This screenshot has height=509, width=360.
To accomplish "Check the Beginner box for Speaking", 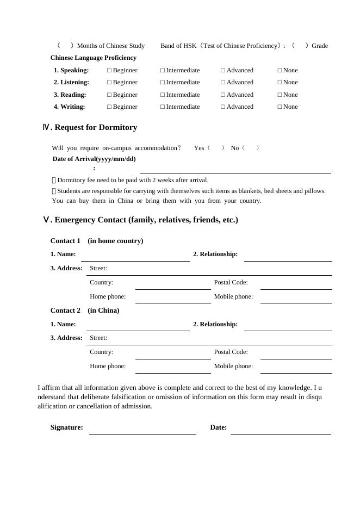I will (x=109, y=70).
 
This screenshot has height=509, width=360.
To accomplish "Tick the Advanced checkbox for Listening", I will (x=223, y=83).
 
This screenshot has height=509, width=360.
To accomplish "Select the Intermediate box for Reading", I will (x=163, y=95).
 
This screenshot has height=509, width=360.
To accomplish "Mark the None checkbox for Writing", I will (x=280, y=107).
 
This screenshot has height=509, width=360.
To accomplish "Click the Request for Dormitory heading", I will (x=90, y=127).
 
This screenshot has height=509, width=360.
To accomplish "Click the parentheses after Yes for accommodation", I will (x=216, y=148).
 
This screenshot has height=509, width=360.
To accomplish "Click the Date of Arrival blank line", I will (x=235, y=170).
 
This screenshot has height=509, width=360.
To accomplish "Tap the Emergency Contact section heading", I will (x=140, y=220).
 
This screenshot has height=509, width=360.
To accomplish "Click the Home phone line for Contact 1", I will (x=173, y=300).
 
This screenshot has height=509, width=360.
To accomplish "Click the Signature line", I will (x=142, y=431).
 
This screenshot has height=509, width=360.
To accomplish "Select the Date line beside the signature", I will (x=281, y=431).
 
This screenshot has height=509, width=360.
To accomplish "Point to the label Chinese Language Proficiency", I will (x=94, y=58).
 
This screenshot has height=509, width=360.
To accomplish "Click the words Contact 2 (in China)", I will (x=85, y=311).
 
